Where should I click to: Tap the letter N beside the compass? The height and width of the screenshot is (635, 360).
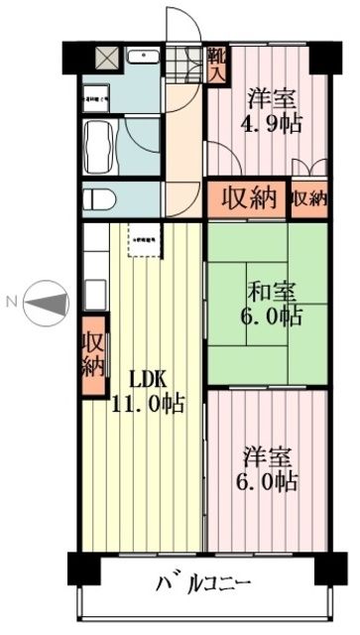(x=11, y=299)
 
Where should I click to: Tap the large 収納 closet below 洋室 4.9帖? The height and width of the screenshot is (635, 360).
(x=247, y=197)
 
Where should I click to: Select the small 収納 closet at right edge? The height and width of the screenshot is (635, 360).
(x=309, y=197)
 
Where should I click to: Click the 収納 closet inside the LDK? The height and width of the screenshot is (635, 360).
(x=93, y=355)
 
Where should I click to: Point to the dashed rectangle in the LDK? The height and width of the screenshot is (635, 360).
(x=144, y=240)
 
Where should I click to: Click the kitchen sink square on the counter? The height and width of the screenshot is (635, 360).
(x=94, y=293)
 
